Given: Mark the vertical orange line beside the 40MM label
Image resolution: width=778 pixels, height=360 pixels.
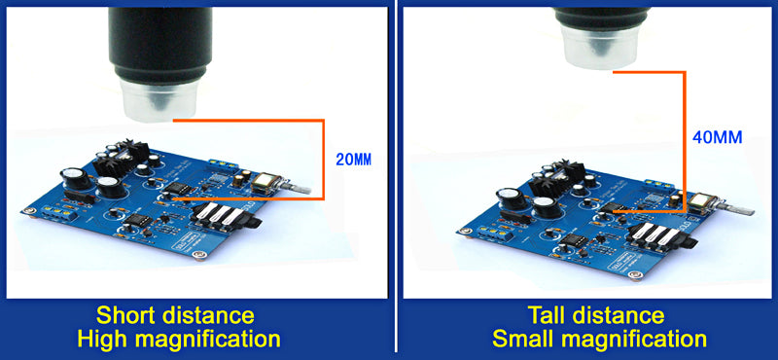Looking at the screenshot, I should [x=686, y=136].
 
